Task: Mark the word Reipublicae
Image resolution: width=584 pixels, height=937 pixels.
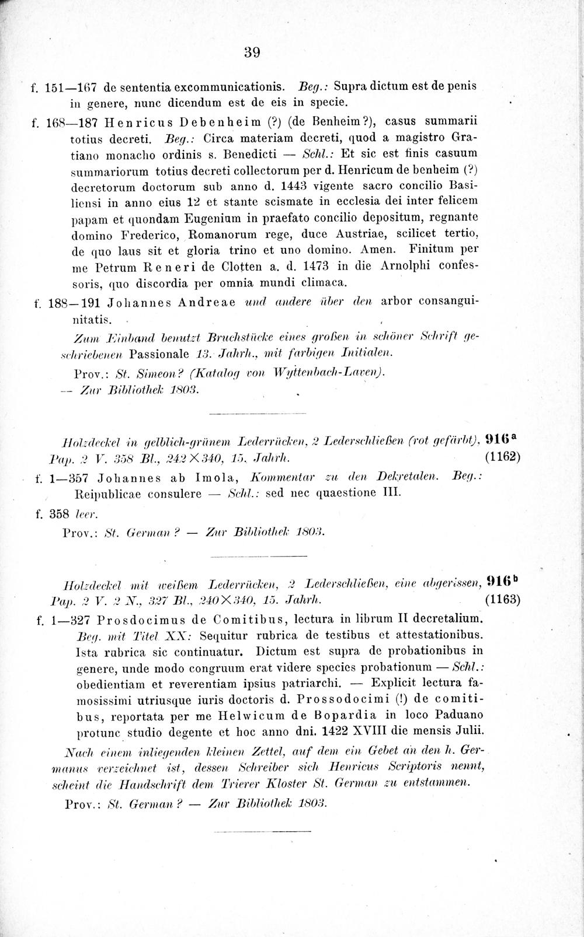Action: [x=114, y=492]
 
